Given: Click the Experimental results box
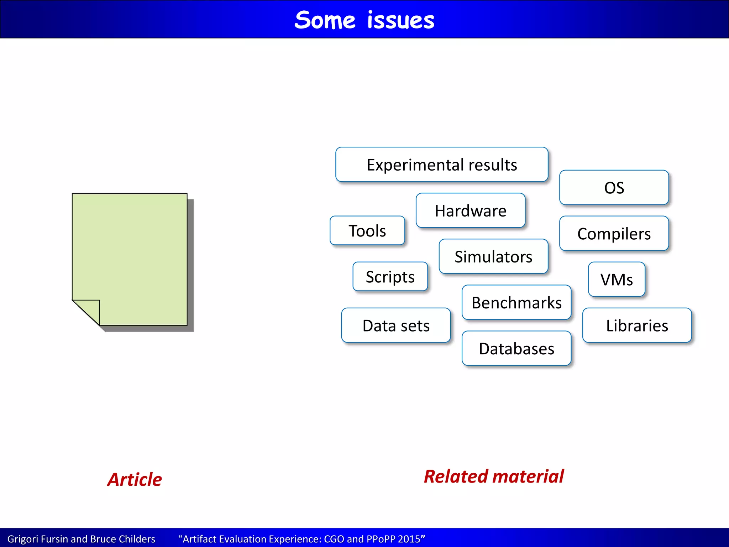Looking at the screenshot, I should coord(441,165).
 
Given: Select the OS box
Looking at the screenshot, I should coord(614,188).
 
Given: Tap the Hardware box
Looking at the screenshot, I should coord(470,210).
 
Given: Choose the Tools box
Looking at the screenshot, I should coord(367,231).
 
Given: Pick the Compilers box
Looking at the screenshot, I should coord(614,234).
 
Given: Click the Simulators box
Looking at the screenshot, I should coord(493,256).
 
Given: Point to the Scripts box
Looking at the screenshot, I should coord(390,277).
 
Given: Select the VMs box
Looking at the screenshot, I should coord(617,280).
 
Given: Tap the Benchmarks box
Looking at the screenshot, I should coord(516,302).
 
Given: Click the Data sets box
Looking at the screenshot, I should coord(396,325).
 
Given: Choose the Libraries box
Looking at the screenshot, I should coord(637,325).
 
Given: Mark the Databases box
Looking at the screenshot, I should coord(516,348).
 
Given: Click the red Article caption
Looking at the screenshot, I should coord(135,479).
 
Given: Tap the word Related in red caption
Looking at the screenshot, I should coord(456,476).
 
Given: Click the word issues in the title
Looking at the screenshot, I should coord(401,20).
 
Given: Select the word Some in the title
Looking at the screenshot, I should coord(325,20).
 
